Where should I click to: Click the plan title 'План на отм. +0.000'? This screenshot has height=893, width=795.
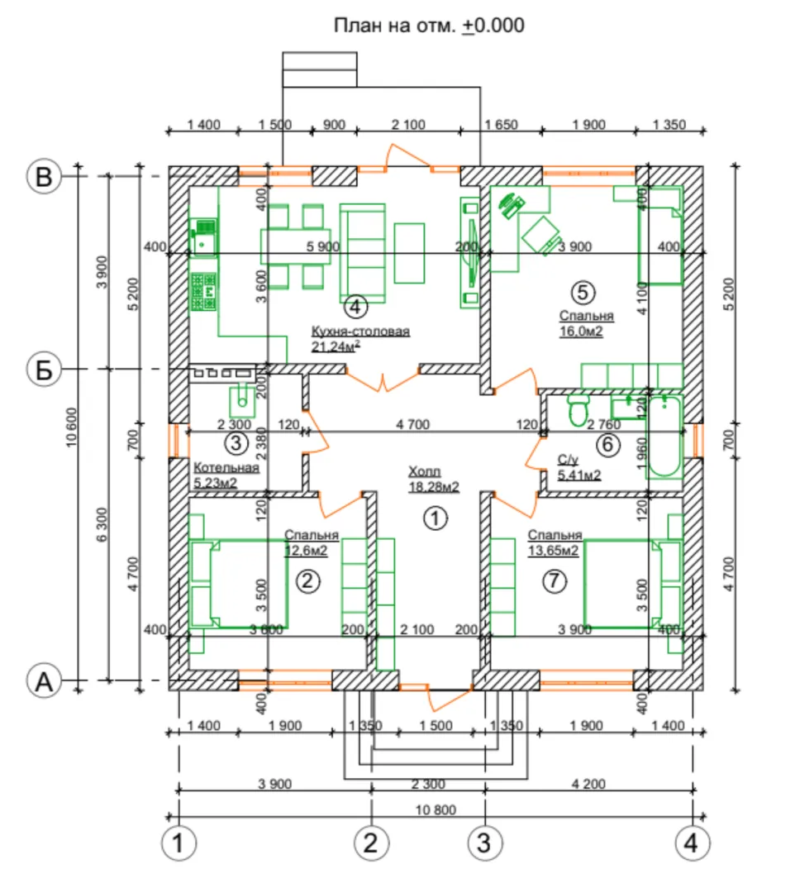pos(429,26)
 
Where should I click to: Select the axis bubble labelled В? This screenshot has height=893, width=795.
pos(44,176)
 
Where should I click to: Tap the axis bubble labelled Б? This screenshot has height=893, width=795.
pos(44,370)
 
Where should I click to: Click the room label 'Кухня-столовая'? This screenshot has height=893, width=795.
pos(360,332)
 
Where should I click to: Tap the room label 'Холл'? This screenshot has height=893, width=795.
pos(425,471)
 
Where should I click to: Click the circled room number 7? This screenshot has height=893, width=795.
pos(555,582)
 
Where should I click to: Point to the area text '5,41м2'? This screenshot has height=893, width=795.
pos(579,475)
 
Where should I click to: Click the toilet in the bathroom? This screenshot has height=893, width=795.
pos(578,410)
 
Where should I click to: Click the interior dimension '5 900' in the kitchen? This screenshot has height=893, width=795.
pos(322,246)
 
